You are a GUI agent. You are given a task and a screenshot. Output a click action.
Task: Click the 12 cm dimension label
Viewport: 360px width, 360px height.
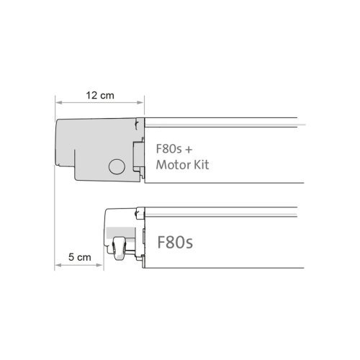tap(99, 94)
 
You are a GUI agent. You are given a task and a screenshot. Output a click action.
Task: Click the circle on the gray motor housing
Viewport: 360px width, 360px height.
tap(115, 167)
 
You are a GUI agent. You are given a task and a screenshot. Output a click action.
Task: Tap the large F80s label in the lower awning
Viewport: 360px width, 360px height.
tap(176, 240)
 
